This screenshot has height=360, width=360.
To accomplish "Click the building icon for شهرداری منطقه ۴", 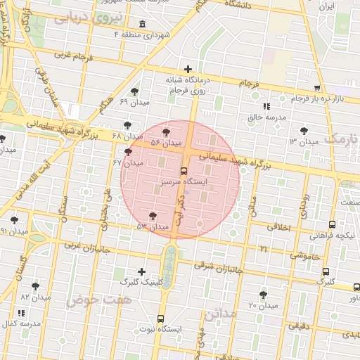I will tap(143, 25).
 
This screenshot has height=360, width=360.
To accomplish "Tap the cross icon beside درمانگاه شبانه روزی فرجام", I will tap(188, 69).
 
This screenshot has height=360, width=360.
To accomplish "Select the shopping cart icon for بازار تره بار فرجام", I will tap(318, 88).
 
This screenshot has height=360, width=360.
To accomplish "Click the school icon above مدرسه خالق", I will tap(266, 107).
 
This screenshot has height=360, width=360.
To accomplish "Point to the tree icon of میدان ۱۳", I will tap(303, 131).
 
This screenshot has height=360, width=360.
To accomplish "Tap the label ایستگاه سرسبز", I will tap(184, 181).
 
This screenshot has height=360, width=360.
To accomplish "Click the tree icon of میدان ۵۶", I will tap(166, 131).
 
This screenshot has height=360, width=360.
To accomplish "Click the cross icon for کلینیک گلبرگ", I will tap(142, 271).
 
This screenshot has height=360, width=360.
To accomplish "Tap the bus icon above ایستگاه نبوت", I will tap(161, 319).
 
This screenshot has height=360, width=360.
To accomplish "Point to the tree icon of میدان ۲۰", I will tap(263, 295).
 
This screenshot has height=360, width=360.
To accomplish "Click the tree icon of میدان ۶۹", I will tap(134, 91).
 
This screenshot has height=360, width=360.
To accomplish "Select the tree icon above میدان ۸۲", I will tap(35, 286).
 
